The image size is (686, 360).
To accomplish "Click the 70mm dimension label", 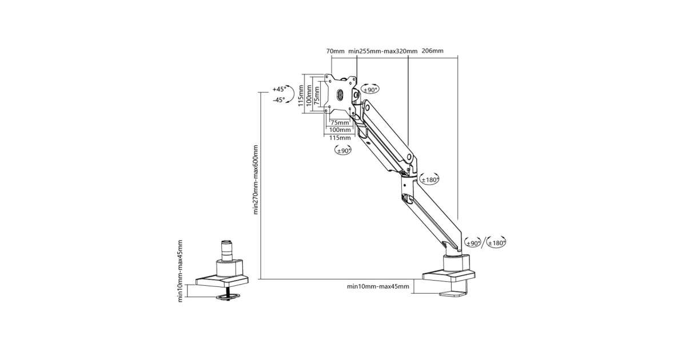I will click(x=336, y=51).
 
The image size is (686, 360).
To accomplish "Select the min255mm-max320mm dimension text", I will click(x=383, y=51).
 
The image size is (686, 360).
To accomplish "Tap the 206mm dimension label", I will click(x=432, y=51).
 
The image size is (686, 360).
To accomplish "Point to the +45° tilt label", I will click(x=278, y=89).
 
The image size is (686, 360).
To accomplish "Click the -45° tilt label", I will click(x=278, y=99).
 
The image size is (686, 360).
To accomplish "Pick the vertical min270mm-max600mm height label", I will click(x=256, y=179).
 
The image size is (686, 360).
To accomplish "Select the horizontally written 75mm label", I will click(x=340, y=122).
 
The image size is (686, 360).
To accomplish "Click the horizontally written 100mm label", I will click(x=340, y=130).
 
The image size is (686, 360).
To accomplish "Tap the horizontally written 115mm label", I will click(x=340, y=138).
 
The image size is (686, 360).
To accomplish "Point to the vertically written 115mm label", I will click(x=301, y=94).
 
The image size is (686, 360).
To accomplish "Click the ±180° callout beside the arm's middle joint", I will click(x=429, y=179).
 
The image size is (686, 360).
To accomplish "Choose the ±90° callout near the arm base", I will click(x=472, y=242).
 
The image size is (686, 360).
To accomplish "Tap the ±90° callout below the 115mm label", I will click(x=343, y=150).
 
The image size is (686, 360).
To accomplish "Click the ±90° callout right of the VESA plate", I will click(x=370, y=90).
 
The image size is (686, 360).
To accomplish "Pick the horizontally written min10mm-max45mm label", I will click(x=378, y=287).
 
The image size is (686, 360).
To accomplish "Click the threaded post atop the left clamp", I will click(x=228, y=250).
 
